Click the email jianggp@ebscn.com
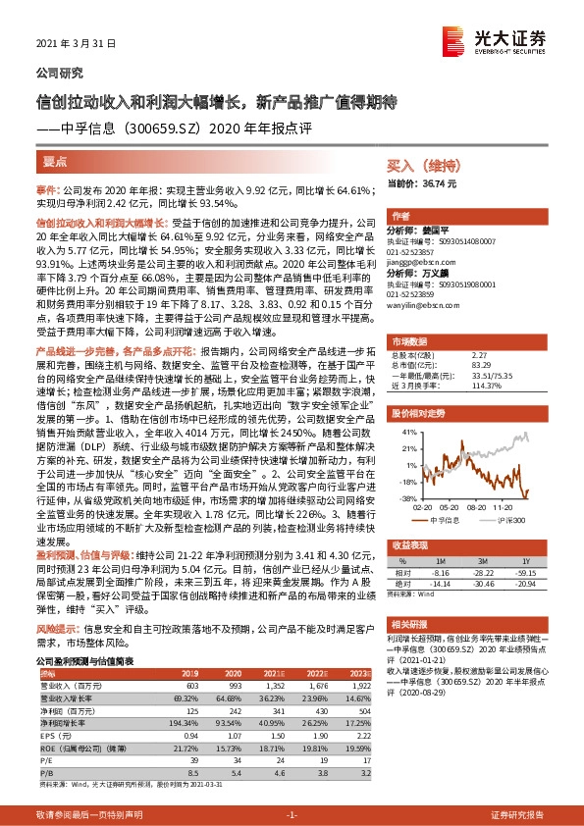point(422,261)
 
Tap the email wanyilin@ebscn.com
point(423,305)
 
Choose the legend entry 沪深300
point(508,520)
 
